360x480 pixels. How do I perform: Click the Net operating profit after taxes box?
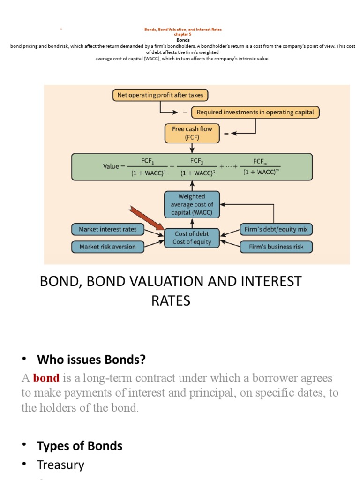click(x=160, y=95)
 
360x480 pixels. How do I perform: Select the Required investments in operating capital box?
click(x=256, y=112)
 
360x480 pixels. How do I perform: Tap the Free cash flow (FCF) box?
click(x=192, y=133)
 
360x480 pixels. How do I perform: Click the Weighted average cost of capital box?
click(x=191, y=205)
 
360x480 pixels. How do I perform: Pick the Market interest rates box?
click(x=108, y=229)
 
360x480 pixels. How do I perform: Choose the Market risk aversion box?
click(x=108, y=247)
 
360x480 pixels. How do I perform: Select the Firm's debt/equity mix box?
click(x=276, y=229)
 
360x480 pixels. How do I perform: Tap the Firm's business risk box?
click(x=276, y=247)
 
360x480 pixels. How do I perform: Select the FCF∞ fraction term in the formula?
click(x=259, y=166)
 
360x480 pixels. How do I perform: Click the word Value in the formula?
click(x=111, y=166)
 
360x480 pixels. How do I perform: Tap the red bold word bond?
click(x=46, y=378)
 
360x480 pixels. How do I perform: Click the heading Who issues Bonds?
click(x=91, y=360)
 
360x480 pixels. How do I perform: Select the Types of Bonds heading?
click(x=80, y=445)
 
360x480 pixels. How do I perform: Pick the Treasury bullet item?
click(x=60, y=465)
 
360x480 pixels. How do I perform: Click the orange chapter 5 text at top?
click(x=183, y=34)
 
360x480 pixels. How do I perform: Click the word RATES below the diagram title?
click(x=171, y=300)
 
